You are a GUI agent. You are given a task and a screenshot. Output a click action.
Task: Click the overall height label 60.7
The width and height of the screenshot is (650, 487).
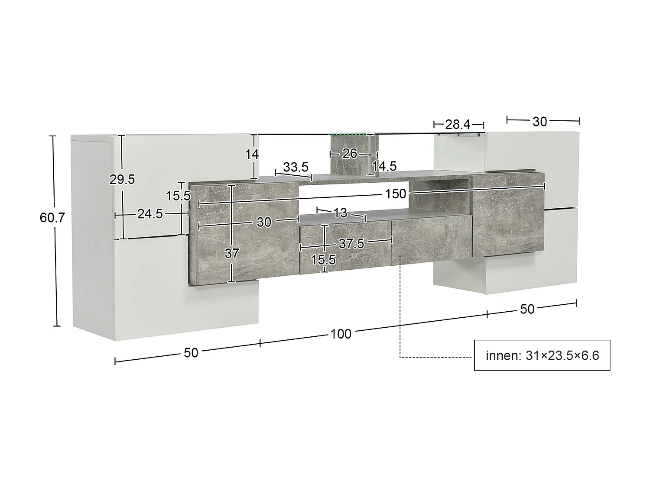pos(52,217)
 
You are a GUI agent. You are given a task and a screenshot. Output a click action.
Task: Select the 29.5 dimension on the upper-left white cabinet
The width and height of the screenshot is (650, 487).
pos(122,179)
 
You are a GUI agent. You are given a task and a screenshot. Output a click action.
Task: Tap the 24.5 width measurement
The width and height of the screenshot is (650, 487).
pos(149,214)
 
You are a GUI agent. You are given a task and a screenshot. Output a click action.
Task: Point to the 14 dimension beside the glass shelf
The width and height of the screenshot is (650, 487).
pos(252,154)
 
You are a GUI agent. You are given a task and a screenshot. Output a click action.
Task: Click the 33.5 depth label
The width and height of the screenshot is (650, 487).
pos(296,167)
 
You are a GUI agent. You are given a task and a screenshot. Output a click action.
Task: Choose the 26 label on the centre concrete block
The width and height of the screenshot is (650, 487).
pos(350,153)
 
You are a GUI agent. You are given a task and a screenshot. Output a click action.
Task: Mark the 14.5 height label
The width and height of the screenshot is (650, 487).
pos(385,166)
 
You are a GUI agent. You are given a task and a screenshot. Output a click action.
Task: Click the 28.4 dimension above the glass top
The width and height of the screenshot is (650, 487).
pos(458,125)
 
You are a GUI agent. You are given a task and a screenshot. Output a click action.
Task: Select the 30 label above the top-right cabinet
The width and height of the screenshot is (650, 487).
pos(539,122)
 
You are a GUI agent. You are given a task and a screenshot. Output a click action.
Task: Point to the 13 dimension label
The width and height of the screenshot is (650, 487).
pos(341,213)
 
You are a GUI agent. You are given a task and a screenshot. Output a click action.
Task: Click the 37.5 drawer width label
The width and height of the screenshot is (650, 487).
pos(351,244)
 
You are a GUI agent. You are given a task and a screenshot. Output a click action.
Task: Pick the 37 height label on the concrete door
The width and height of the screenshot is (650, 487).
pos(232,253)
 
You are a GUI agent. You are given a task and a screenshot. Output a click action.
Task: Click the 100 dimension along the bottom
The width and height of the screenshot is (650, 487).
pos(341,334)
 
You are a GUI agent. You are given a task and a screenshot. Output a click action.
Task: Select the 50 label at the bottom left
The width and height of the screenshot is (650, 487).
pos(191,353)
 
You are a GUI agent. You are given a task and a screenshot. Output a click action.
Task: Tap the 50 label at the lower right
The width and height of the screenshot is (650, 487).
pos(527,309)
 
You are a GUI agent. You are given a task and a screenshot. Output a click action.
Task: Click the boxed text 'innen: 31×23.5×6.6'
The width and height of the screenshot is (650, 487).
pos(542,356)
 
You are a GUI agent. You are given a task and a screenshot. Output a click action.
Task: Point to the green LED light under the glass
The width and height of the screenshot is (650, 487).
pos(349,136)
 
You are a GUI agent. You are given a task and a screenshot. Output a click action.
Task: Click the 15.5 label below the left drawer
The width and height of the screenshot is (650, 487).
pos(323,260)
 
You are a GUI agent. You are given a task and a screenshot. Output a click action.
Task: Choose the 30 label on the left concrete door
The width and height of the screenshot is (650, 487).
pos(263,222)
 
